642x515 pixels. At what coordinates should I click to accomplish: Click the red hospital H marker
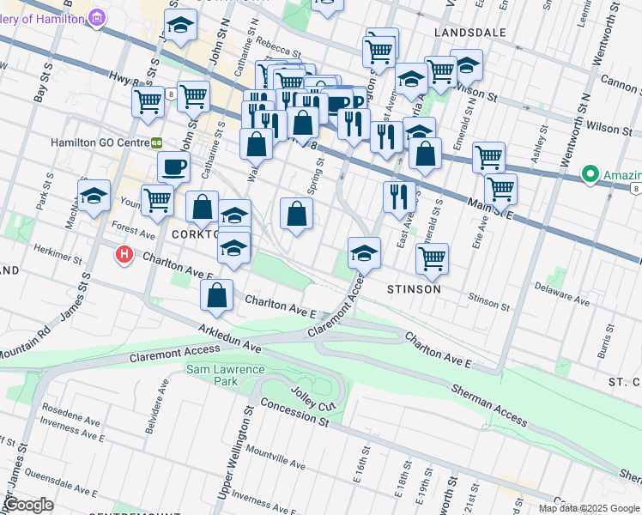(125, 255)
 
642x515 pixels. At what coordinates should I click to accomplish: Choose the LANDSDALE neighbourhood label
(468, 32)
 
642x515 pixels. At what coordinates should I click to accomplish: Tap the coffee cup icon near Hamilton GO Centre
(173, 166)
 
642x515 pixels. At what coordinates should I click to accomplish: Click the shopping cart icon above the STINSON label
(432, 257)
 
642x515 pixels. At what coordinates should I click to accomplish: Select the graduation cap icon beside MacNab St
(94, 194)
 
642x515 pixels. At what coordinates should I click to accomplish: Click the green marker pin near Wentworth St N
(590, 174)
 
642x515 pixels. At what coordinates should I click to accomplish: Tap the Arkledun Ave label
(229, 338)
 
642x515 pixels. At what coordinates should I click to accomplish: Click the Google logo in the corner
(28, 505)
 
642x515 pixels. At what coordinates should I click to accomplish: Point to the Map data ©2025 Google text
(589, 508)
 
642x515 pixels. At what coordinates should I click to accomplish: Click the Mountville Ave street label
(274, 452)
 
